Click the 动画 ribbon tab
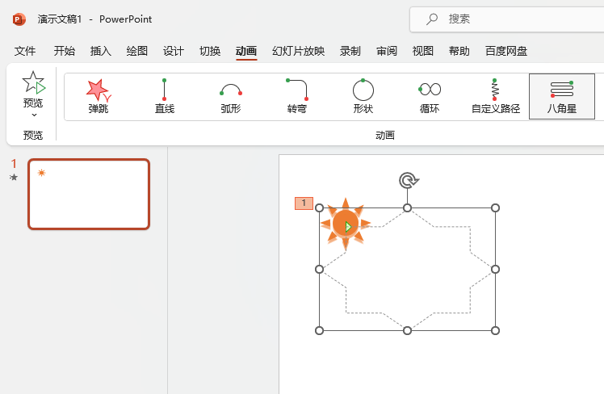point(246,51)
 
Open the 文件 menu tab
point(25,51)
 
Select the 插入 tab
point(101,51)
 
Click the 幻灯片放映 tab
point(298,51)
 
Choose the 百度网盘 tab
point(506,51)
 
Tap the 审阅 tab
point(387,51)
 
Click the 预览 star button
point(33,89)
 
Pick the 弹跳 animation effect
point(99,96)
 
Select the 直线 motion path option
point(165,96)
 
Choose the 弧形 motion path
point(231,96)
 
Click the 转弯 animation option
point(297,96)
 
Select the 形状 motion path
point(363,96)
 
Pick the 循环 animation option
point(430,96)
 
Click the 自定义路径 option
point(496,96)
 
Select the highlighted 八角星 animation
point(562,96)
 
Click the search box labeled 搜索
point(509,19)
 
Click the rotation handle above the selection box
point(408,180)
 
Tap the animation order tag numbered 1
point(304,203)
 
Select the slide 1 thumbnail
point(89,194)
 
